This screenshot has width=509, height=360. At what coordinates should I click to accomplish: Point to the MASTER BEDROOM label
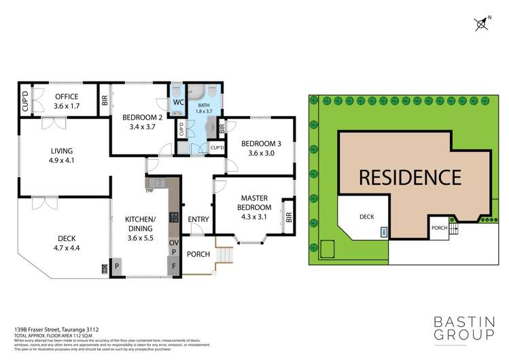click(256, 202)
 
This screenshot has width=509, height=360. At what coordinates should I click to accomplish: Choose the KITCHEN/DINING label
click(141, 224)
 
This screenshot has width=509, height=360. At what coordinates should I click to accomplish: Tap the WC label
click(178, 102)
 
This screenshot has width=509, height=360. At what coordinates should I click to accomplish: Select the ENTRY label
click(198, 219)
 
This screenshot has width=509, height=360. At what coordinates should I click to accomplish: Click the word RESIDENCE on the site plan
click(409, 177)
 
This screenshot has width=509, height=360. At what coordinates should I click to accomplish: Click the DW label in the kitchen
click(149, 190)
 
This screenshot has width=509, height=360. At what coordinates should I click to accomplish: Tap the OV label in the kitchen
click(174, 242)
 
